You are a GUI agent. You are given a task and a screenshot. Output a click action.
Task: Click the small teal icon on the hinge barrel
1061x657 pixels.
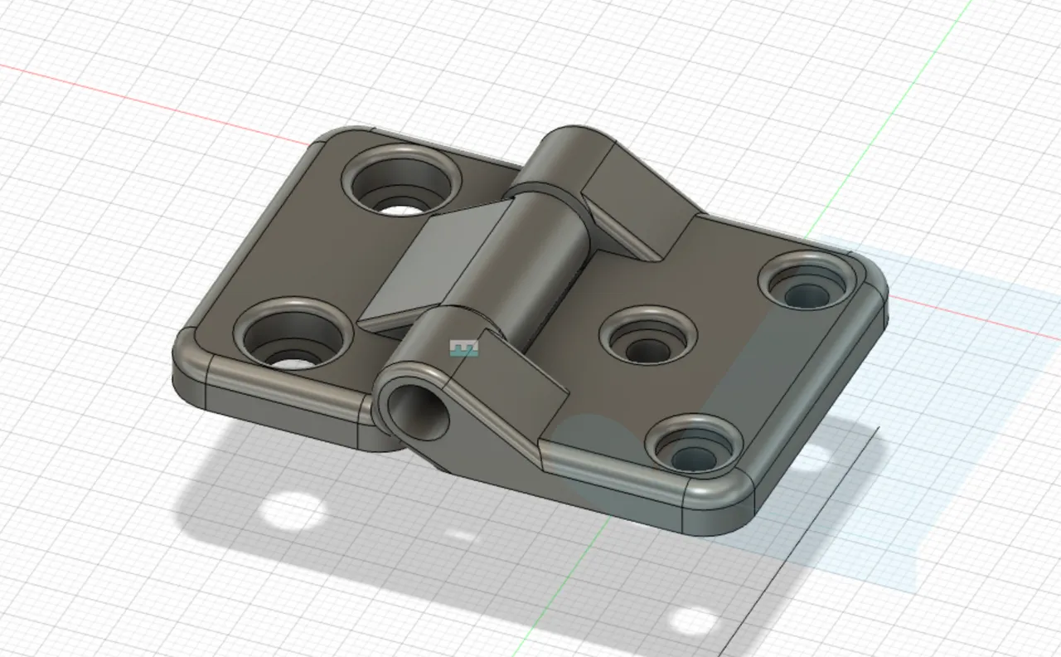click(463, 348)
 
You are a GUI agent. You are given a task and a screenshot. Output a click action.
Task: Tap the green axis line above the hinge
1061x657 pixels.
click(912, 91)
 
